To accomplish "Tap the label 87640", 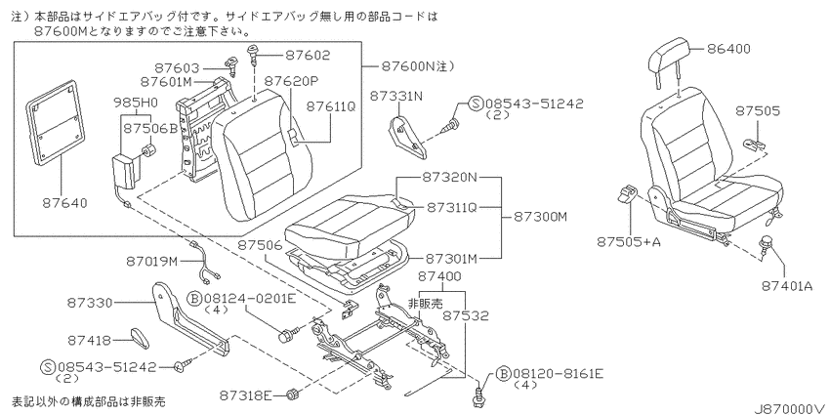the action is pyautogui.click(x=65, y=203).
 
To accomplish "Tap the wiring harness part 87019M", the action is pyautogui.click(x=205, y=262).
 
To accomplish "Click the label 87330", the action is pyautogui.click(x=90, y=303).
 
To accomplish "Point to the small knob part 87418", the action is pyautogui.click(x=140, y=338).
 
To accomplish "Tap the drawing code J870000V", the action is pyautogui.click(x=791, y=408).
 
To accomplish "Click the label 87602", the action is pyautogui.click(x=308, y=55).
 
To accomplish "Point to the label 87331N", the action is pyautogui.click(x=396, y=96).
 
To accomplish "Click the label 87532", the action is pyautogui.click(x=466, y=316).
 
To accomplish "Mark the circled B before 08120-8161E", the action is pyautogui.click(x=504, y=374).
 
